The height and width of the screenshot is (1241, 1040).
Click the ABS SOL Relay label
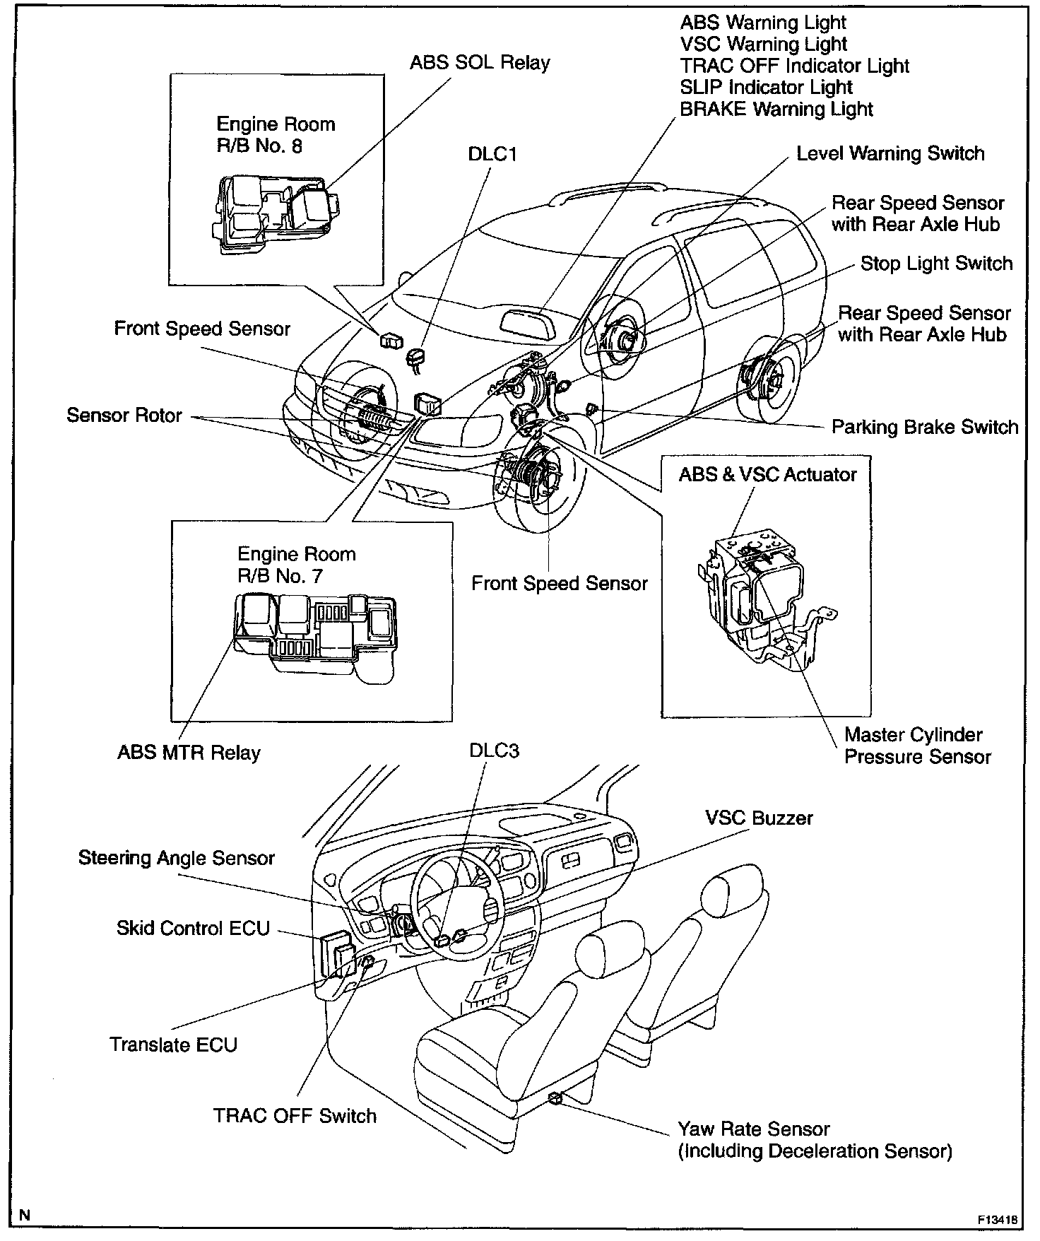pos(480,63)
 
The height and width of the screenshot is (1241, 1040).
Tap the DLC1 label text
pos(492,154)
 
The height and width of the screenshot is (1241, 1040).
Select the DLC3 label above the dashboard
pos(494,751)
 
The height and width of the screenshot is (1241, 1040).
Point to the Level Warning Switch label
pos(890,154)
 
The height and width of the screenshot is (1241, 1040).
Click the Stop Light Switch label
pos(936,264)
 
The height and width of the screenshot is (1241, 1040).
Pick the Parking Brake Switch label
pos(924,428)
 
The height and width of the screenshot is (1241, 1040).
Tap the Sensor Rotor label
pos(124,415)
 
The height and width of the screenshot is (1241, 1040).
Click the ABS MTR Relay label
pos(189,753)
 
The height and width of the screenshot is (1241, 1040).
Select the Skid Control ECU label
pos(193,928)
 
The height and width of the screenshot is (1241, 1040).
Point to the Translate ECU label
pos(173,1045)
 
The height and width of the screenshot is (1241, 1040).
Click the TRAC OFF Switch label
pos(295,1116)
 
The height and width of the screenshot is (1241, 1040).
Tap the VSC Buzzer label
pos(759,818)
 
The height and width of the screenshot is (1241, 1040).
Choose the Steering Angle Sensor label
pos(176,858)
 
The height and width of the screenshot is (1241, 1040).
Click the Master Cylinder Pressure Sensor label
pos(917,746)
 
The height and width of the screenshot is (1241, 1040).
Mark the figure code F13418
pos(998,1221)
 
